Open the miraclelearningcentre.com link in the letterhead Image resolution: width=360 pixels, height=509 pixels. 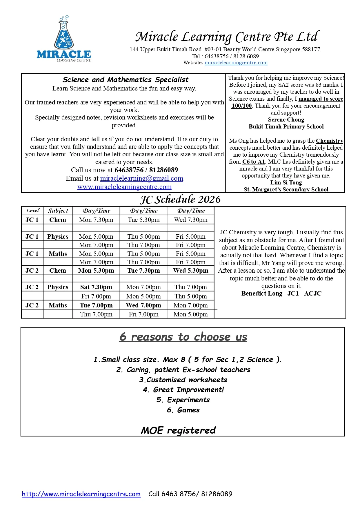point(236,63)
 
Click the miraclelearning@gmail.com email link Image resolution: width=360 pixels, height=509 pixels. point(141,178)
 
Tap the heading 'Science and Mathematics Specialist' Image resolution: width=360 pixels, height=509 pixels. point(125,80)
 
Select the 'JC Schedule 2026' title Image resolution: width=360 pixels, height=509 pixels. point(180,200)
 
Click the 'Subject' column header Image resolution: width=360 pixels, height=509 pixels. point(58,211)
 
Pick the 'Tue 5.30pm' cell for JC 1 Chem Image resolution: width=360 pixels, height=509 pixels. point(144,220)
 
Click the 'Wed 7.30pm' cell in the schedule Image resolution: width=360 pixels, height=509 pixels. point(191,220)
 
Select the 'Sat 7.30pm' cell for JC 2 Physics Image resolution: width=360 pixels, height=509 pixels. point(96,287)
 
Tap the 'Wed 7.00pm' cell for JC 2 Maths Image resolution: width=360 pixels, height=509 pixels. point(143,305)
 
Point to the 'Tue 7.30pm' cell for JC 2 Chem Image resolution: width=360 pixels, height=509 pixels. point(144,271)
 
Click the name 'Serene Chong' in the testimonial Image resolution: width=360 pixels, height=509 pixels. point(286,120)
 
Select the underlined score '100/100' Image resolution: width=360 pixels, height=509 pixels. point(241,106)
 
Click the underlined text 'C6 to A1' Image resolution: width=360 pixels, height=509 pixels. point(254,162)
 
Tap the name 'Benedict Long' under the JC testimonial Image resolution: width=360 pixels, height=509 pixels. point(262,294)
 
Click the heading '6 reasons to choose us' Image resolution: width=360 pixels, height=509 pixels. point(183,337)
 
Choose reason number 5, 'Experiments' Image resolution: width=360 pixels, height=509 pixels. point(183,400)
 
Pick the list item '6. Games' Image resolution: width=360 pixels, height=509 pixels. point(183,410)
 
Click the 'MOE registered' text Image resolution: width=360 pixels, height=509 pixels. point(178,430)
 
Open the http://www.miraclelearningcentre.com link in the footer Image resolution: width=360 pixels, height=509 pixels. point(81,494)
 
